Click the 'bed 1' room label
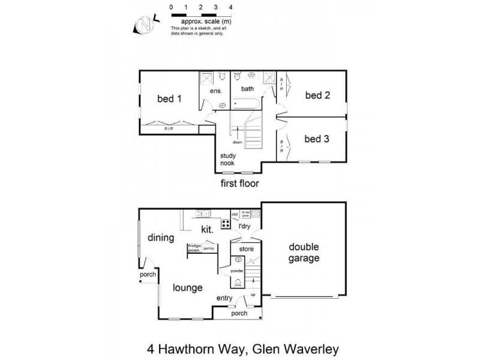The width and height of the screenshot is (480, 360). (169, 99)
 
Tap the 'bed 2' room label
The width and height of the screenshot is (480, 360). (317, 95)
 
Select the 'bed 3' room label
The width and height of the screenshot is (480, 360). (317, 139)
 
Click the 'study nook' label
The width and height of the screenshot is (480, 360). (227, 158)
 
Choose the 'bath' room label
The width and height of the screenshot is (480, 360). (248, 89)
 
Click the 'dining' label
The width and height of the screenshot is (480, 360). (161, 238)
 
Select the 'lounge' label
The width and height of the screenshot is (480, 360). (188, 287)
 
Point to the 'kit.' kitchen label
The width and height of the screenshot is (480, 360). (208, 229)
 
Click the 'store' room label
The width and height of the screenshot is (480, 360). (247, 248)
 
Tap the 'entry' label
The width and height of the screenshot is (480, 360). (225, 298)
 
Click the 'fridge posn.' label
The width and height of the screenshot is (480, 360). (194, 247)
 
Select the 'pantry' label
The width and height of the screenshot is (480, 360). (209, 247)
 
